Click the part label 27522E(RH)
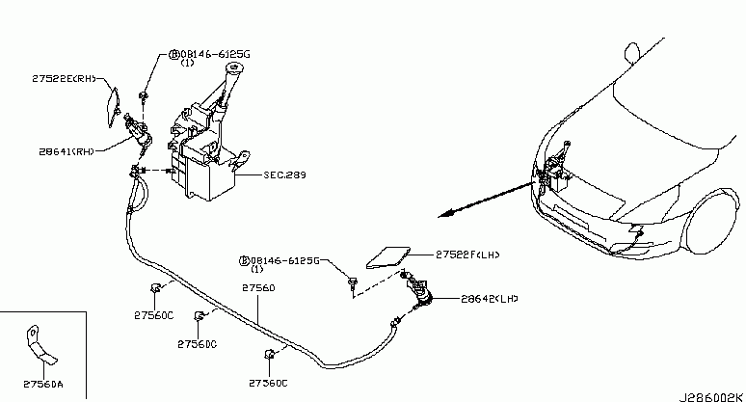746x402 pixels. [x=65, y=78]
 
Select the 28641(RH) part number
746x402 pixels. [x=67, y=151]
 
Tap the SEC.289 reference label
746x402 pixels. [x=285, y=174]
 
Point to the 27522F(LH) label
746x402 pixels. [x=467, y=255]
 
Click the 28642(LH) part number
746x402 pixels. [x=490, y=299]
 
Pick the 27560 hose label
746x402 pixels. [x=258, y=288]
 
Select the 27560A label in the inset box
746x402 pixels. [x=42, y=384]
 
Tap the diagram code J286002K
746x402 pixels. [x=710, y=397]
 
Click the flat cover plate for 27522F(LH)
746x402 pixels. [x=388, y=257]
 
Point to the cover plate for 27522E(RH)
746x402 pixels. [x=113, y=107]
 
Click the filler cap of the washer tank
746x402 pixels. [x=233, y=68]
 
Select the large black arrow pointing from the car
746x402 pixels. [x=486, y=200]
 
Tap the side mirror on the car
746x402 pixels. [x=632, y=52]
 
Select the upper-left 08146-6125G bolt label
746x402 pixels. [x=209, y=58]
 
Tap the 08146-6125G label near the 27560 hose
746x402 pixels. [x=280, y=264]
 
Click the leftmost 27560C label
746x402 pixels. [x=153, y=315]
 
